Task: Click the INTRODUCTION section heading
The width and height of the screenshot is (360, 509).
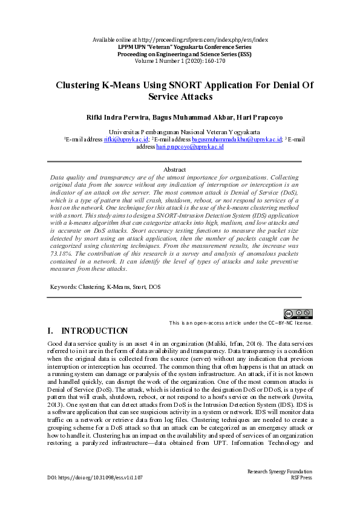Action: pyautogui.click(x=94, y=331)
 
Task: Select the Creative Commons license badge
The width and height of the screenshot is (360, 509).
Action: pyautogui.click(x=298, y=313)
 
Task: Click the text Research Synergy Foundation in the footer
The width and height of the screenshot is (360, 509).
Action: pyautogui.click(x=280, y=471)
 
